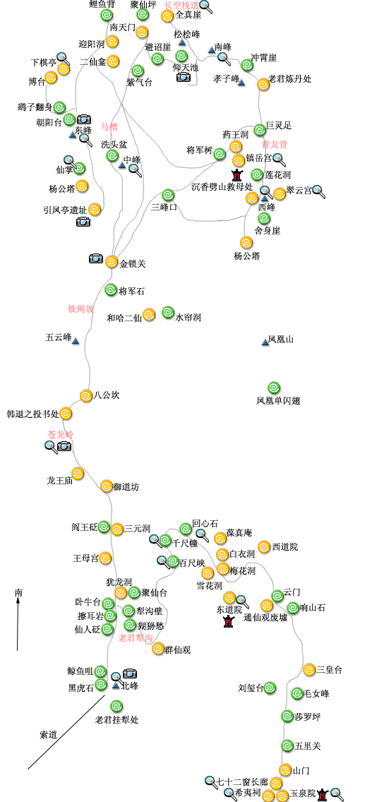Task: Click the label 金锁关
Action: pos(133,264)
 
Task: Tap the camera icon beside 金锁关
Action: pos(96,259)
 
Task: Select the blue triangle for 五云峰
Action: pos(75,340)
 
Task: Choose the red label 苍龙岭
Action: pos(61,434)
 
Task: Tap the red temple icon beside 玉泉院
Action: pos(322,794)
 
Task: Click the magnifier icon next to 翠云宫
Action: pos(318,191)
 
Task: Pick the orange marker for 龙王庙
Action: pos(78,473)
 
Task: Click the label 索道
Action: pos(48,735)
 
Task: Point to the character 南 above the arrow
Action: pos(18,593)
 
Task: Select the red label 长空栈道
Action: pos(181,5)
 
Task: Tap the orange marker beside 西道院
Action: pos(264,546)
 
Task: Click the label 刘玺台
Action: pos(251,688)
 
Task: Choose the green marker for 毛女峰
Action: pos(297,693)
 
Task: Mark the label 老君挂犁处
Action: pos(116,719)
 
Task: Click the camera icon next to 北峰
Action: pos(130,674)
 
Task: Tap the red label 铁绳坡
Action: pos(80,309)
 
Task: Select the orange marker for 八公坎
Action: pos(86,395)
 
